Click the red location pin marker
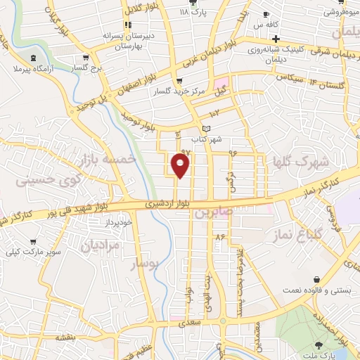(x=181, y=165)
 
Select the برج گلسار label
(x=89, y=67)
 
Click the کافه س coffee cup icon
(x=266, y=14)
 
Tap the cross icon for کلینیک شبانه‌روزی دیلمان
(x=277, y=39)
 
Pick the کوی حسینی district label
(x=40, y=181)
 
